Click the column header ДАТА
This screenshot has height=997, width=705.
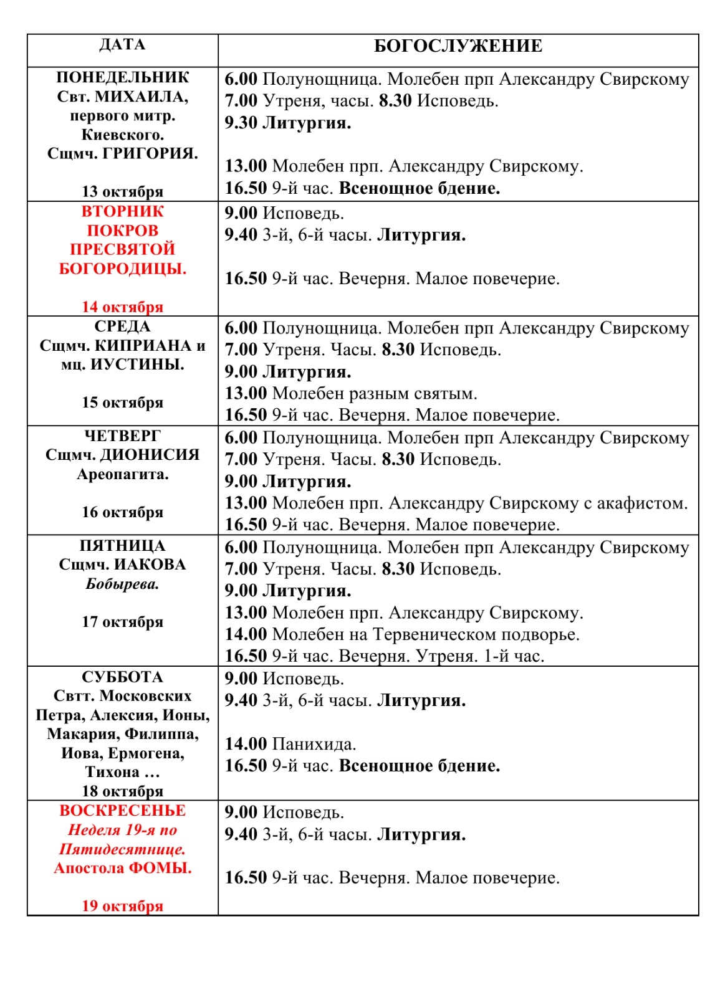pyautogui.click(x=122, y=45)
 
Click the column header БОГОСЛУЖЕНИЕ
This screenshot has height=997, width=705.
pyautogui.click(x=458, y=46)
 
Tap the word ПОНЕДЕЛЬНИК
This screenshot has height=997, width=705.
pyautogui.click(x=122, y=77)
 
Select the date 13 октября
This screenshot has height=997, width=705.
pyautogui.click(x=122, y=191)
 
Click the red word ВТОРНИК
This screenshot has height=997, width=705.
pyautogui.click(x=122, y=211)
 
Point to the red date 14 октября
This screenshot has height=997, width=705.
pyautogui.click(x=122, y=307)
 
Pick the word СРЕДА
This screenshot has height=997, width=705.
pyautogui.click(x=122, y=327)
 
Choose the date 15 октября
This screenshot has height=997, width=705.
pyautogui.click(x=122, y=403)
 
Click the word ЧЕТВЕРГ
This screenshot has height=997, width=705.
pyautogui.click(x=122, y=436)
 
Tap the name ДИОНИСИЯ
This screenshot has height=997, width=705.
pyautogui.click(x=150, y=455)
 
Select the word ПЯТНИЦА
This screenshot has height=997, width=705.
pyautogui.click(x=122, y=546)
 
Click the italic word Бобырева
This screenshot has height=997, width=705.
pyautogui.click(x=122, y=584)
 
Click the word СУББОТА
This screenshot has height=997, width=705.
pyautogui.click(x=122, y=677)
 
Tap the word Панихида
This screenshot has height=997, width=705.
pyautogui.click(x=314, y=744)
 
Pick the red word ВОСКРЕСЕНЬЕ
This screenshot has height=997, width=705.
pyautogui.click(x=122, y=811)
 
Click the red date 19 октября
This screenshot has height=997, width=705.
pyautogui.click(x=122, y=906)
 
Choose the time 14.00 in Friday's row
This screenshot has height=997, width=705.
pyautogui.click(x=246, y=634)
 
